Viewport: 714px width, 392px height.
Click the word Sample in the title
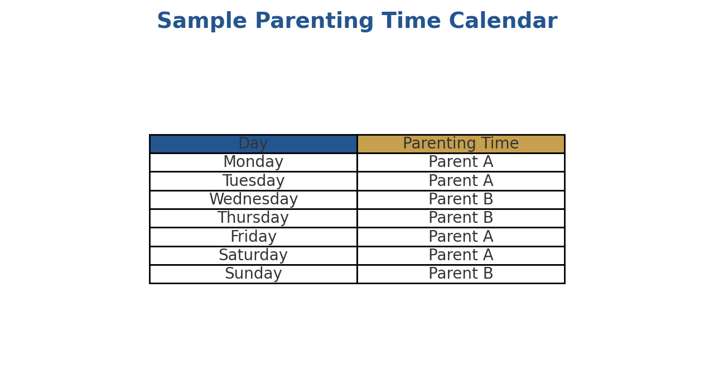(x=201, y=22)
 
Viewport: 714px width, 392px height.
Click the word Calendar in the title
(x=503, y=22)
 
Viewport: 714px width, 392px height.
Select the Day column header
(x=253, y=144)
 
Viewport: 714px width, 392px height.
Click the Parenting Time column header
(x=461, y=144)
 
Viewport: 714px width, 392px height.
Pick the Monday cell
(x=253, y=162)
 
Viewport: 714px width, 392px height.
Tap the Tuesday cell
(x=253, y=181)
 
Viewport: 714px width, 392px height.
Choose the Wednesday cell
(x=253, y=200)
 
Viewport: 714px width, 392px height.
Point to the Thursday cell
(x=253, y=218)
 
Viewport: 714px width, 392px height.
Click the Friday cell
(x=253, y=237)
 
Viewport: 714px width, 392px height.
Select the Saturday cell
(x=253, y=256)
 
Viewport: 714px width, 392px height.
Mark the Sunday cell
(x=253, y=274)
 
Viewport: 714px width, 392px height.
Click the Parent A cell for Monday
(x=461, y=162)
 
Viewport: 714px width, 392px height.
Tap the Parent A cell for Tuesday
(x=461, y=181)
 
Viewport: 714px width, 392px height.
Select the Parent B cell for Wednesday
(x=461, y=200)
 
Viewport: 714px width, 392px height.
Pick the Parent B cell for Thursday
(x=461, y=218)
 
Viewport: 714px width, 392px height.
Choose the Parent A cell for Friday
(x=461, y=237)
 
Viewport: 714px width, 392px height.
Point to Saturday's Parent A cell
(x=461, y=256)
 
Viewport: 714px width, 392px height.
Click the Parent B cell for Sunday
(x=461, y=274)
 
